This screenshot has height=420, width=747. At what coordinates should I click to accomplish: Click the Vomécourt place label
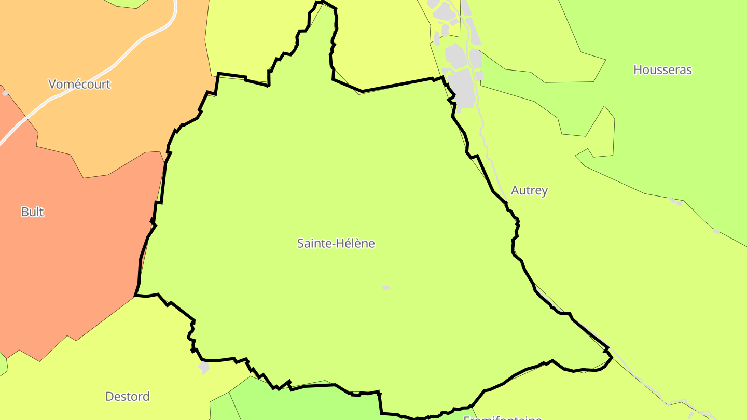coord(79,84)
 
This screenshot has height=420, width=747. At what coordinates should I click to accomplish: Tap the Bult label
coord(32,212)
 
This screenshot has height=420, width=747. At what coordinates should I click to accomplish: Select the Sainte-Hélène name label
coord(336,243)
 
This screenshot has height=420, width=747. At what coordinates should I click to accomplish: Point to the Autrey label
coord(529,190)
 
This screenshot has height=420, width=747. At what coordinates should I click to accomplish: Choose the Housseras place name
coord(662,69)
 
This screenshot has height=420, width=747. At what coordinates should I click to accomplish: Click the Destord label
coord(127,396)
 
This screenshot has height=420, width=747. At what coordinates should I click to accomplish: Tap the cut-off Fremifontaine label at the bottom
coord(502,417)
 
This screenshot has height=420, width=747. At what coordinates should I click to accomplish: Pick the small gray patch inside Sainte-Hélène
coord(385,287)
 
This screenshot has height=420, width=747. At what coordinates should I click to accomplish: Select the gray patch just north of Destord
coord(204,368)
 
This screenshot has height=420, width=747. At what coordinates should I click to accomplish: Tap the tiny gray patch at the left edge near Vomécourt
coord(5,93)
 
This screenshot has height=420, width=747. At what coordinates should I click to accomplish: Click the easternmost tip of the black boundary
coord(612,357)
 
